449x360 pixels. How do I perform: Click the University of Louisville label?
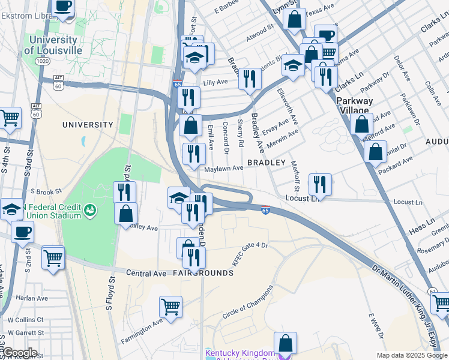point(53,45)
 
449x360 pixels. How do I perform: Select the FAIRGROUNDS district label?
point(203,273)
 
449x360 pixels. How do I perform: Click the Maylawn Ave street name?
point(224,169)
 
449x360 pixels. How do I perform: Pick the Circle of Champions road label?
point(248,307)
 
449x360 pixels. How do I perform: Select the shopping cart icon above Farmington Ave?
point(170,307)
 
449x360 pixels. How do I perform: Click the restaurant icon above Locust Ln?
point(320,184)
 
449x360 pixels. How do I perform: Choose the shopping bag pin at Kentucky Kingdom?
point(286,343)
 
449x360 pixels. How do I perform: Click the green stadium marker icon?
point(90,210)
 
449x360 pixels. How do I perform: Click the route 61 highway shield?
point(432,291)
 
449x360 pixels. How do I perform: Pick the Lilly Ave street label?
point(215,82)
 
